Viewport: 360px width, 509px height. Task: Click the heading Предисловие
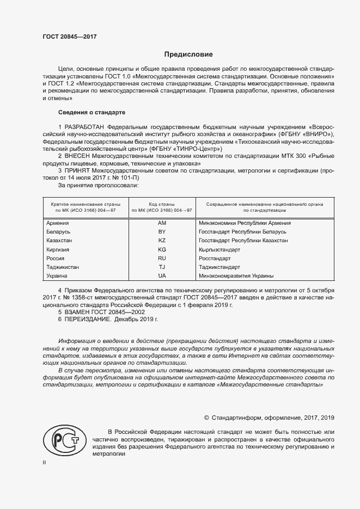(x=188, y=54)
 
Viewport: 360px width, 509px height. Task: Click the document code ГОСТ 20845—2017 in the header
(x=69, y=37)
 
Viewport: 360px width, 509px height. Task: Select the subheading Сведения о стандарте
(x=91, y=112)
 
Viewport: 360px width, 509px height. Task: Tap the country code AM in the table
(x=162, y=223)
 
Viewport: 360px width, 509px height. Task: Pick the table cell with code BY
(x=162, y=232)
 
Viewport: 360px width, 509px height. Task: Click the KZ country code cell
(x=162, y=241)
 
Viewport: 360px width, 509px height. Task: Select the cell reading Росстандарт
(x=215, y=258)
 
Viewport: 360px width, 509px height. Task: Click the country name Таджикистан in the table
(x=63, y=267)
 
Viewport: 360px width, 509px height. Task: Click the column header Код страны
(x=162, y=204)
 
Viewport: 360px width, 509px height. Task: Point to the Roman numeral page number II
(x=45, y=462)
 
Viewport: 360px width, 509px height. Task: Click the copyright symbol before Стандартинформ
(x=206, y=418)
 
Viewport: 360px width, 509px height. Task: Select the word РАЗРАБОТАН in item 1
(x=83, y=127)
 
